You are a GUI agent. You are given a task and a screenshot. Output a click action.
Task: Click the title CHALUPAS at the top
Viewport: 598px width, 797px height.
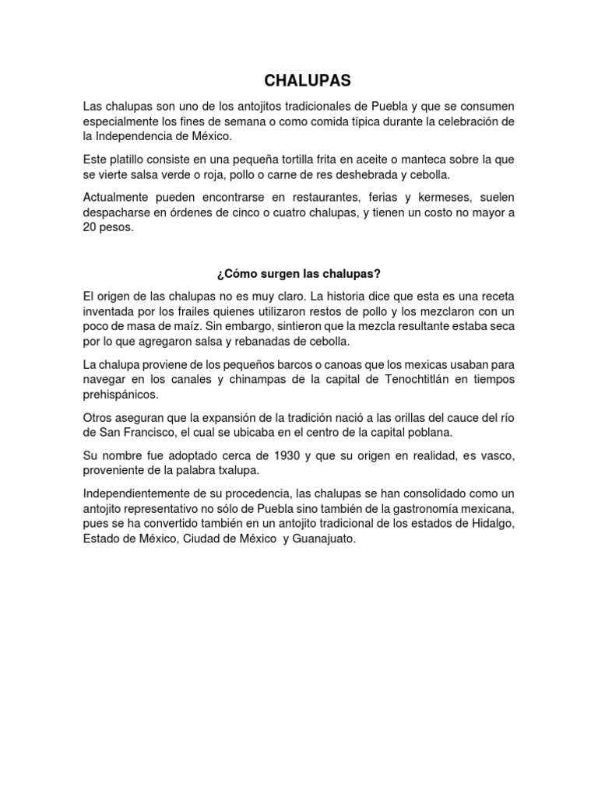click(x=298, y=81)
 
